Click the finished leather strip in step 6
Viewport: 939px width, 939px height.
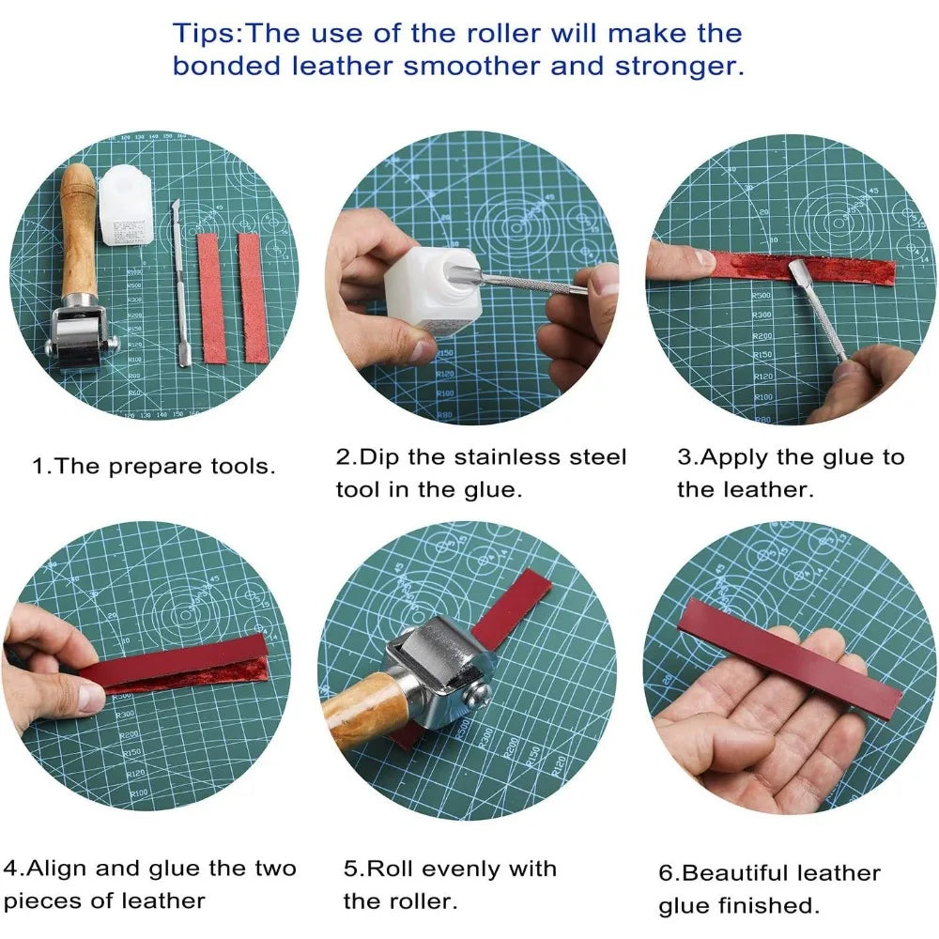pyautogui.click(x=789, y=657)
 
